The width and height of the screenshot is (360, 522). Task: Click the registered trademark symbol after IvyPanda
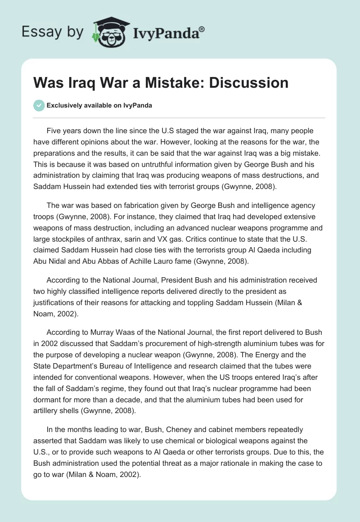tap(202, 29)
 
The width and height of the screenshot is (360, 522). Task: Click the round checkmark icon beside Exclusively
tap(39, 105)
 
